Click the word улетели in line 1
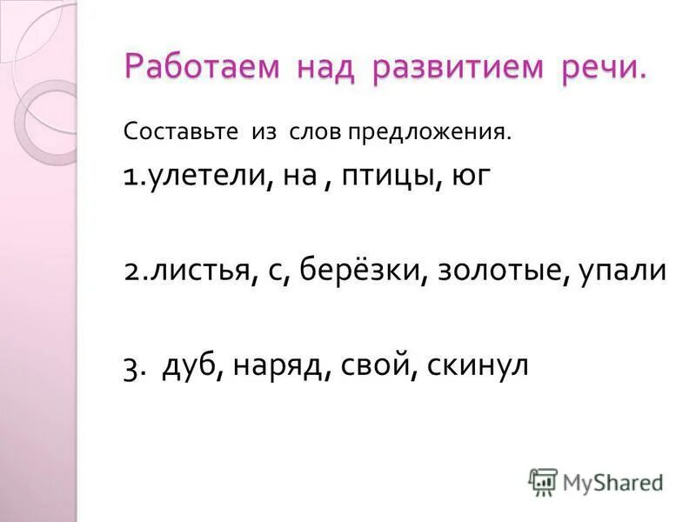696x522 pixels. tap(203, 178)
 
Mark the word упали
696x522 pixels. tap(624, 272)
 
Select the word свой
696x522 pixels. tap(369, 365)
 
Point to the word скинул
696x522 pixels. tap(479, 365)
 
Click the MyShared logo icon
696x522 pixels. tap(543, 480)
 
